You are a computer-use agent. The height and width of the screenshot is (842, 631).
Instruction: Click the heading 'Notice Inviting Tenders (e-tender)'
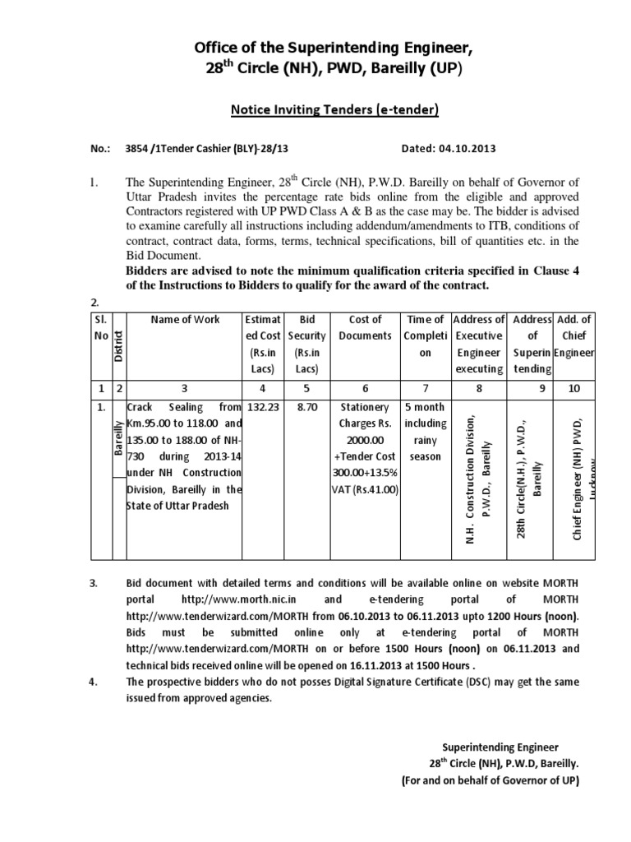[315, 108]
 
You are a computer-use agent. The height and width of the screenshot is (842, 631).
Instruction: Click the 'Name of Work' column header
[185, 319]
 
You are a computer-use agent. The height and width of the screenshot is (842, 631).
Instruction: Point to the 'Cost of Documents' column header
[365, 327]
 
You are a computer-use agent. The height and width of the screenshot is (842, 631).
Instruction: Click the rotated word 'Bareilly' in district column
[118, 438]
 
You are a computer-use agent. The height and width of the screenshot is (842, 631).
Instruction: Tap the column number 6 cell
[365, 387]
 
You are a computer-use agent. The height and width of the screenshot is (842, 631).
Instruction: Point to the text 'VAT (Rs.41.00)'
[365, 489]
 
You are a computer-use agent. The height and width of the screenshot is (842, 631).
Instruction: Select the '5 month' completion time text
[426, 407]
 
